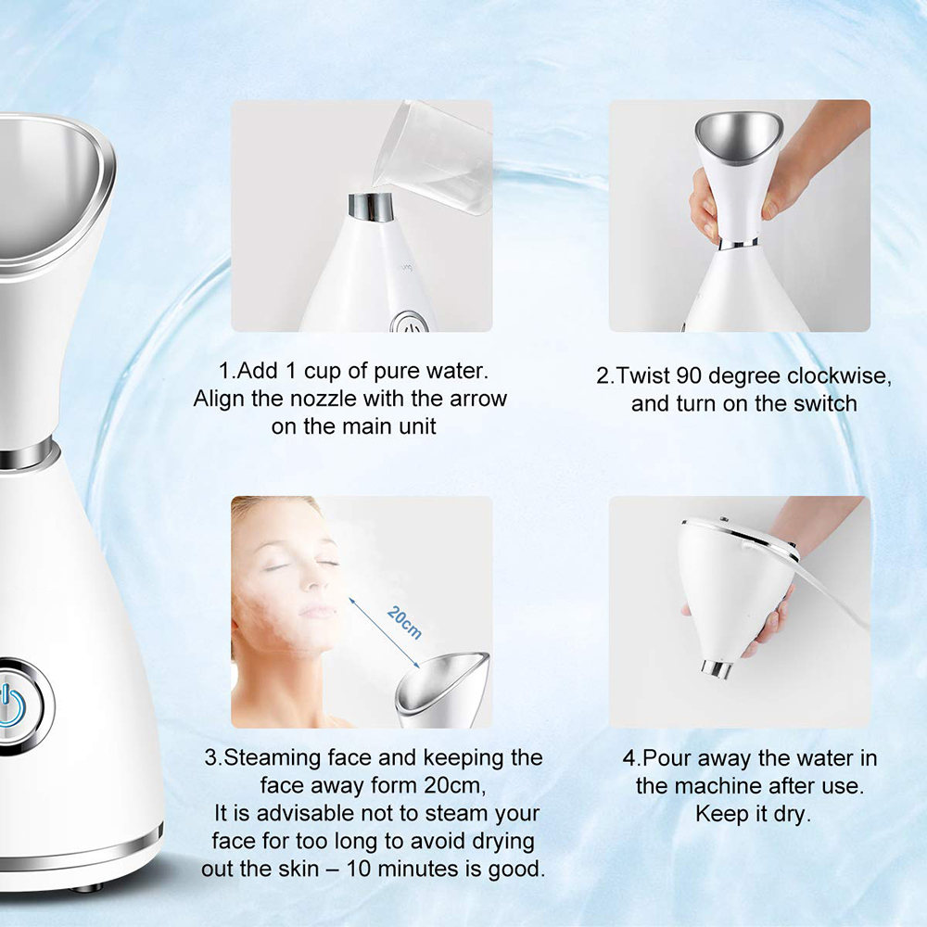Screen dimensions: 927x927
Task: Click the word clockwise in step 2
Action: tap(838, 377)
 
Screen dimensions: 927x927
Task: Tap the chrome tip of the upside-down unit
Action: tap(715, 667)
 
